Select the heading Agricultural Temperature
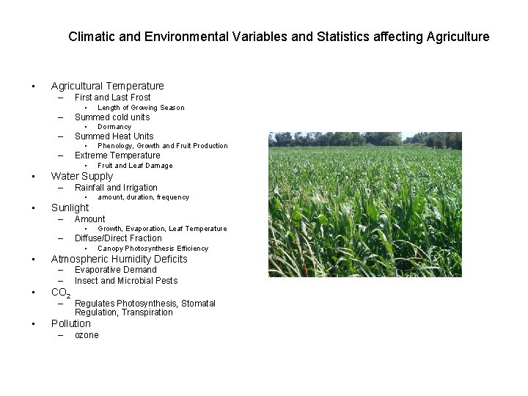(x=107, y=86)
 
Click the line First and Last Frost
(x=112, y=97)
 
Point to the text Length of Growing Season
(x=141, y=108)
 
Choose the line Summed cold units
(x=111, y=117)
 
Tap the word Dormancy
(x=114, y=127)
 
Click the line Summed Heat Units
(x=114, y=136)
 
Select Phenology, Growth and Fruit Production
(x=163, y=146)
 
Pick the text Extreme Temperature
(x=117, y=155)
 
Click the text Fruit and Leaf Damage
(x=135, y=166)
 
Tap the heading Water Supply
(x=81, y=176)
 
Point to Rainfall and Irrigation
(x=116, y=187)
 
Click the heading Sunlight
(x=70, y=208)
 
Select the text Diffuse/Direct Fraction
(x=118, y=238)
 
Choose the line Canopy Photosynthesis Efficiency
(x=153, y=249)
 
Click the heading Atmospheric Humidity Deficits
(x=119, y=259)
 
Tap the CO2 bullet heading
(x=60, y=293)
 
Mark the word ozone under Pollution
(x=87, y=335)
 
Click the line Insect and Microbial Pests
(x=125, y=280)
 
